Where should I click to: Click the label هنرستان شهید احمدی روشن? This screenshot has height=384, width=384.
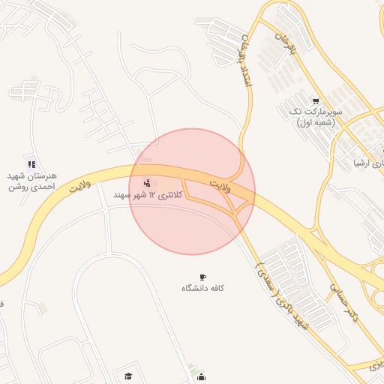[x=32, y=180]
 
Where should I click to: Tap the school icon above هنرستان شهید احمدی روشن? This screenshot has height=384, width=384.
[x=31, y=163]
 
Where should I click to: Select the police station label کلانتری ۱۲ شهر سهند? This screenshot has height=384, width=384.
[x=148, y=195]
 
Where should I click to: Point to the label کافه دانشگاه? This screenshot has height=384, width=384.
[x=202, y=288]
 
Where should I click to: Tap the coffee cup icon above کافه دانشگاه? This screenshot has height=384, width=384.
[x=202, y=277]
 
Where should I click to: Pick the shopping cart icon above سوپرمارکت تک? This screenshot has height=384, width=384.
[x=316, y=100]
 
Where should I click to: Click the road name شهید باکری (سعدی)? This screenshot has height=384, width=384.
[x=282, y=295]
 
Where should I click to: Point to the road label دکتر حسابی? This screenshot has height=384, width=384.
[x=344, y=301]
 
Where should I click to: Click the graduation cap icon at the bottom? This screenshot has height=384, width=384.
[x=127, y=375]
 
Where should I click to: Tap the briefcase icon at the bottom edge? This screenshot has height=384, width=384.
[x=200, y=377]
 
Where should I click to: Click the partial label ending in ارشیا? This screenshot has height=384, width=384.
[x=368, y=162]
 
